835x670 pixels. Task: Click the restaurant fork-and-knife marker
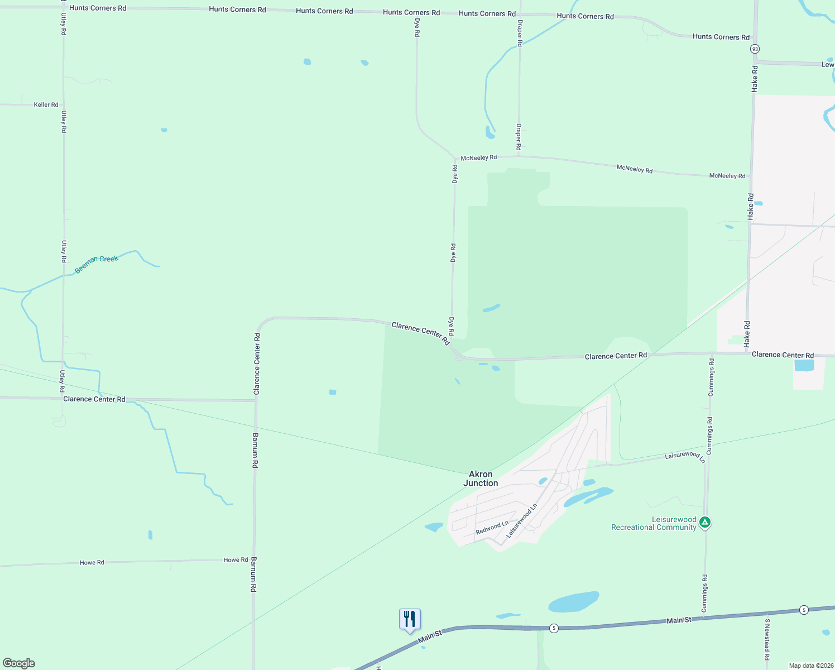coord(410,619)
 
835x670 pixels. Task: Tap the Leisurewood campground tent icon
coord(705,523)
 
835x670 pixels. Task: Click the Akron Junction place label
coord(481,478)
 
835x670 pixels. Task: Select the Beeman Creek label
coord(97,264)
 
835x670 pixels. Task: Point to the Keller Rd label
coord(46,104)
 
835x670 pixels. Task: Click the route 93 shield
coord(755,49)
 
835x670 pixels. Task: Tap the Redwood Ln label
coord(492,528)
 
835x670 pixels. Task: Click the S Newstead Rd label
coord(767,639)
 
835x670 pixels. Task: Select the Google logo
coord(19,663)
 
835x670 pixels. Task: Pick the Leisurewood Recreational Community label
coord(654,523)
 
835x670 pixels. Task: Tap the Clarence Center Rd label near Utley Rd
coord(94,399)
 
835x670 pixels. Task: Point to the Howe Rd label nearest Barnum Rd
coord(236,560)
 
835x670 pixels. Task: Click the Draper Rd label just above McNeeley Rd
coord(519,137)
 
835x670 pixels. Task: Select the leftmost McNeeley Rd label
coord(478,158)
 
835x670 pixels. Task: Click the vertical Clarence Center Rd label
coord(257,364)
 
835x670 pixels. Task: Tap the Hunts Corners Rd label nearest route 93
coord(721,37)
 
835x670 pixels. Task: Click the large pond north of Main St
coord(574,602)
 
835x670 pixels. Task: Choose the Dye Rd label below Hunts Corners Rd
coord(417,27)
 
